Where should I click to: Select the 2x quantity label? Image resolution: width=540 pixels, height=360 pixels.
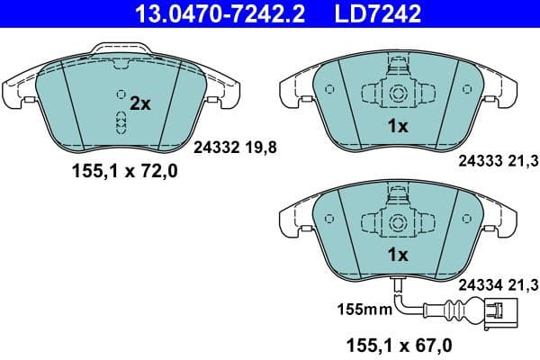pyautogui.click(x=139, y=103)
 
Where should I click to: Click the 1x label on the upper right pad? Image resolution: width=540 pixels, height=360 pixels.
pyautogui.click(x=397, y=127)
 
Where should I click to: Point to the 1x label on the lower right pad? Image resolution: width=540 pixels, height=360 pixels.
pyautogui.click(x=397, y=255)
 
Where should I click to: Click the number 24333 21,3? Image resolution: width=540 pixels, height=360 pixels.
pyautogui.click(x=498, y=161)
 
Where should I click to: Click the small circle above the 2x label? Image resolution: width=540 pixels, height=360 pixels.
pyautogui.click(x=121, y=93)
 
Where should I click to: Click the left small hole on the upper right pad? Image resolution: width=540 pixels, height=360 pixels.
pyautogui.click(x=328, y=89)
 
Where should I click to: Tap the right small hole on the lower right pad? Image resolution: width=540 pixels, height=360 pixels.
pyautogui.click(x=464, y=218)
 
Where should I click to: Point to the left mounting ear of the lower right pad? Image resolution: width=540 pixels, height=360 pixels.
pyautogui.click(x=292, y=222)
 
